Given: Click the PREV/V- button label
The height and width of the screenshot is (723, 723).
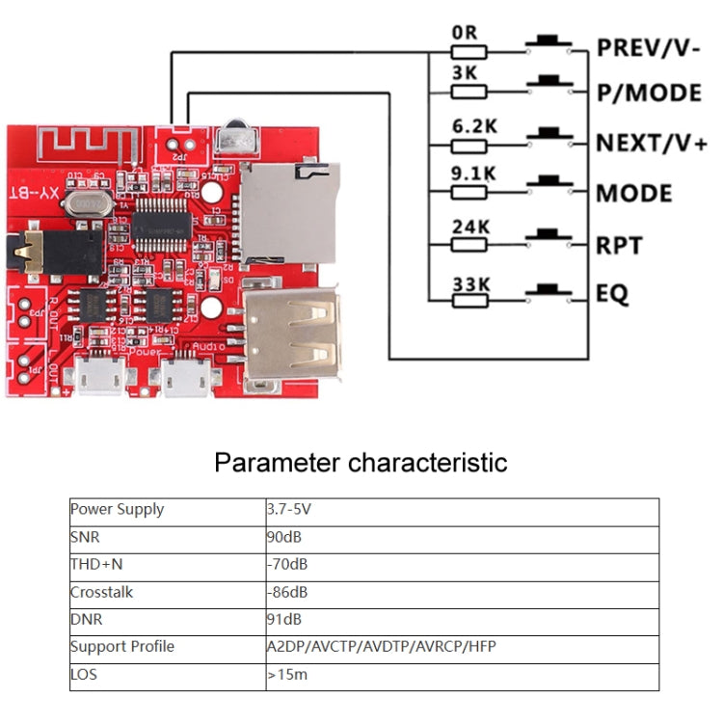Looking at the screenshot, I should [x=648, y=47].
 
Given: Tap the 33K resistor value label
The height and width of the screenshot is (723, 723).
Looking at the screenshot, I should [x=471, y=283].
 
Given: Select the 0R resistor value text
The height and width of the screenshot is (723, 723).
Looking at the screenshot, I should [x=465, y=32].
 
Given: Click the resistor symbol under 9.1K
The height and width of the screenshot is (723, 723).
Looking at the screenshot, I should [x=469, y=196].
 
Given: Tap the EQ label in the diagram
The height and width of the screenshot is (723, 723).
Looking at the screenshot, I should [x=612, y=293].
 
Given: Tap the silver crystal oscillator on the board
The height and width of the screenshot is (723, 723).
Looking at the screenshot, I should [x=87, y=204].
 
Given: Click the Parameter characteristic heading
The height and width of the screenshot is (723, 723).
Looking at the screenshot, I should [x=361, y=462].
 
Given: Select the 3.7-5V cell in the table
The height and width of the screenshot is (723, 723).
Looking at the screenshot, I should [x=289, y=510].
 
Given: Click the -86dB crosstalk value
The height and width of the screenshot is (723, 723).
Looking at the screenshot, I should [x=287, y=592].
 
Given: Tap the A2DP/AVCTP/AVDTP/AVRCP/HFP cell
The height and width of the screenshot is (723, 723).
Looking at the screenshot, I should [x=381, y=646].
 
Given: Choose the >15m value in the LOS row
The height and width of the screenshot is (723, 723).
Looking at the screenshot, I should [x=287, y=674].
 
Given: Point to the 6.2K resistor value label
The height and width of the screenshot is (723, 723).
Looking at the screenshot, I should [x=473, y=125].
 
